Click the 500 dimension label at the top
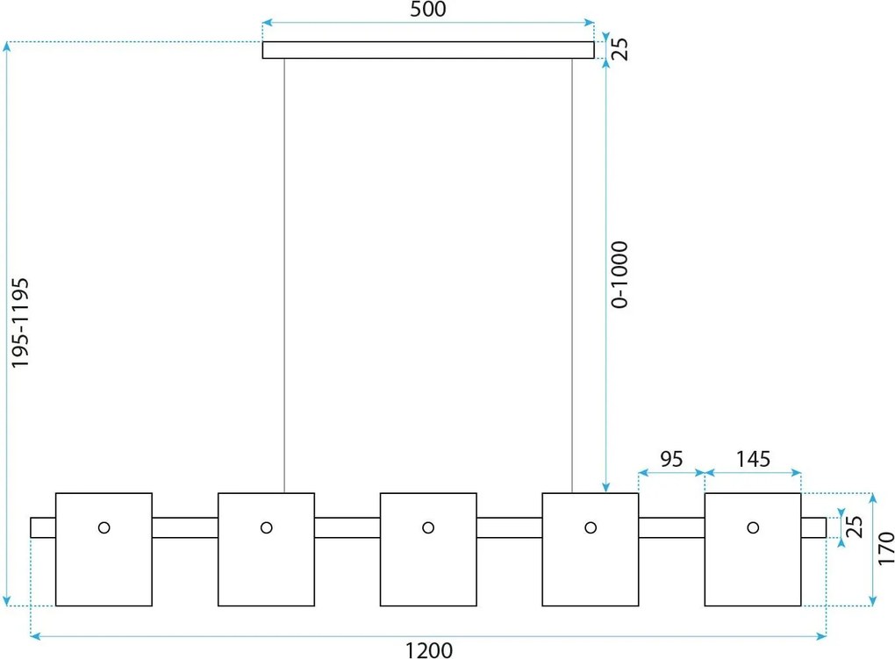428,9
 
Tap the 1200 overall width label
429,650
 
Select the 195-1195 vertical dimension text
20,323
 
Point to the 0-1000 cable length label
619,275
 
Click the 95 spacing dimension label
671,459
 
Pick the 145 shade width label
753,459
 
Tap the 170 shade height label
886,548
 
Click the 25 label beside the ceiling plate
619,49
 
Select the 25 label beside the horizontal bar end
854,526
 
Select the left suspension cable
284,276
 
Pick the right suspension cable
572,276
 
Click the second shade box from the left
266,493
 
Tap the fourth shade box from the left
591,493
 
